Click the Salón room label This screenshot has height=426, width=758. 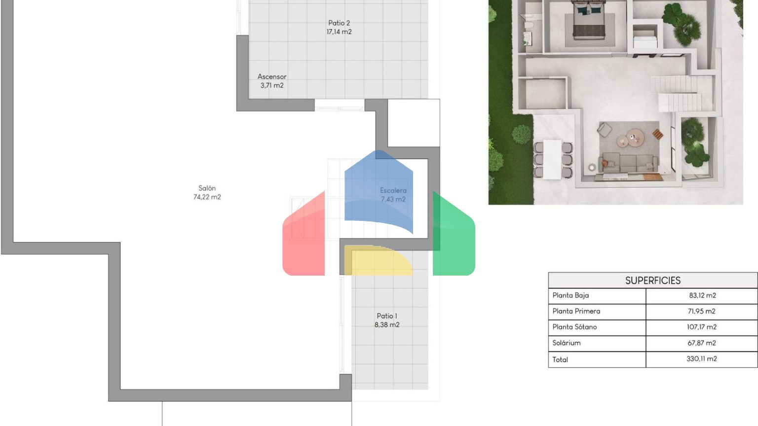tap(207, 192)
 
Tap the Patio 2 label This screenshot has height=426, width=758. tap(339, 28)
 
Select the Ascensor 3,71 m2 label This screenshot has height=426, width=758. tap(272, 81)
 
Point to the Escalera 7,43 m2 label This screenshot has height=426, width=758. tap(393, 195)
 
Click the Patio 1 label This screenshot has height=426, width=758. tap(387, 320)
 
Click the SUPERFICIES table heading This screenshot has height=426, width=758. tap(653, 281)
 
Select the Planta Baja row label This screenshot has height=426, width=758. tap(570, 295)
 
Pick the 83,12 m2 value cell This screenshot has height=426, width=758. tap(703, 295)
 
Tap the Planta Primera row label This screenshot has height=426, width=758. tap(576, 311)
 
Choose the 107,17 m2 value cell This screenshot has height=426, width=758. tap(701, 327)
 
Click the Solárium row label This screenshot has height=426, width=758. tap(567, 343)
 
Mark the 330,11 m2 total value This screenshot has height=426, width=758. tap(701, 359)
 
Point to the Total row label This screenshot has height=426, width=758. tap(560, 360)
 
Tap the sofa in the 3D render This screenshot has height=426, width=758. tap(628, 163)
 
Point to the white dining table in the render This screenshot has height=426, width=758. tap(553, 159)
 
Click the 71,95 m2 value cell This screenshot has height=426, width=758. tap(701, 311)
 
